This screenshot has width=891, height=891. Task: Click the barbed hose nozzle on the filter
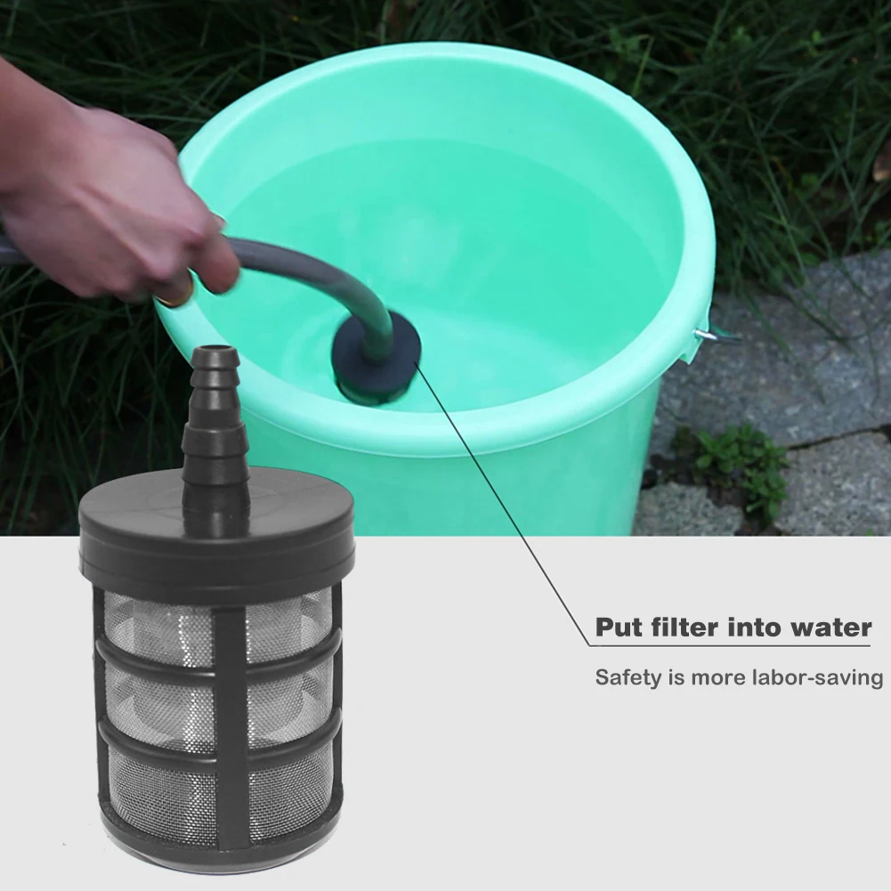tap(215, 418)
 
